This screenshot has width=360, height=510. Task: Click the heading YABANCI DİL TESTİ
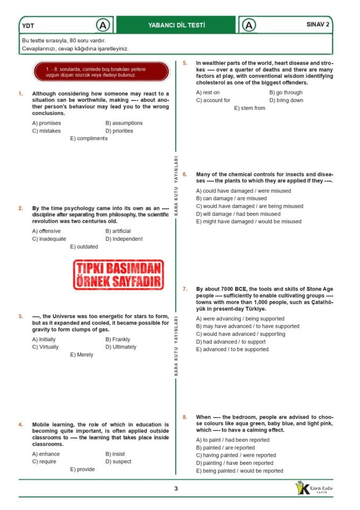[176, 25]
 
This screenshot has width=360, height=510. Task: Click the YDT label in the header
[29, 25]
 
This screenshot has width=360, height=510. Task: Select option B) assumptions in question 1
[124, 123]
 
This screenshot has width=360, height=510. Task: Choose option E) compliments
[89, 139]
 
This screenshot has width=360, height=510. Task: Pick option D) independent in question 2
[124, 239]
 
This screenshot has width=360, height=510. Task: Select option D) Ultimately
[121, 347]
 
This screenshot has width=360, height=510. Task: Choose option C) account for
[213, 100]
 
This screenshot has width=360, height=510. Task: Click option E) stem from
[250, 108]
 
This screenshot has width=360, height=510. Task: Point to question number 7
[185, 290]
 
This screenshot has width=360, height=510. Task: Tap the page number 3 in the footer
[176, 489]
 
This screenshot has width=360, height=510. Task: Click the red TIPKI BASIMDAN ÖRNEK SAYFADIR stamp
[118, 275]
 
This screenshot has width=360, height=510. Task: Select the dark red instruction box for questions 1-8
[101, 72]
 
